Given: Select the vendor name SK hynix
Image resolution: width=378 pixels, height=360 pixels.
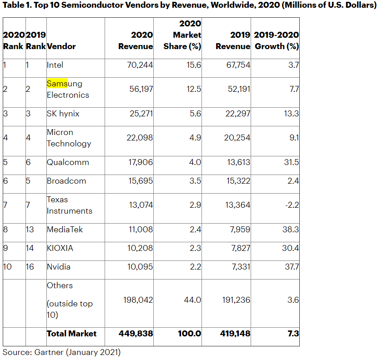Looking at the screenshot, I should click(63, 114).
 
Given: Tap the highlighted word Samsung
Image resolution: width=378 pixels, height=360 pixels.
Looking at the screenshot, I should click(57, 84).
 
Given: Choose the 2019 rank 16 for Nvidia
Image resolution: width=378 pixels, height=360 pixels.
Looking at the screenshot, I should click(30, 267).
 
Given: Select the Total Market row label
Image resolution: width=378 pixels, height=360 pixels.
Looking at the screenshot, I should click(71, 334).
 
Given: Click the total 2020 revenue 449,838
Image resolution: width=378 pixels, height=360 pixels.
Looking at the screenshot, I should click(136, 334).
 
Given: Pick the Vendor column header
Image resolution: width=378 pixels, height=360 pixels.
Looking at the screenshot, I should click(61, 46).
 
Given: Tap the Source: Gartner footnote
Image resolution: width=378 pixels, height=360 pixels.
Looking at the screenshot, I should click(62, 352).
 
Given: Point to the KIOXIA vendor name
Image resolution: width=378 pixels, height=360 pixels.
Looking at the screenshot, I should click(60, 248).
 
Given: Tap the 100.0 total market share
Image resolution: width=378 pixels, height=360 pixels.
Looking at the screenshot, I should click(189, 334).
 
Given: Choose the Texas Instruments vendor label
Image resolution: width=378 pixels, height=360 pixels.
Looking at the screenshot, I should click(69, 205).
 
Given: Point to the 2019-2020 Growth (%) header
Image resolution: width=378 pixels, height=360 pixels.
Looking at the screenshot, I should click(276, 41).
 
